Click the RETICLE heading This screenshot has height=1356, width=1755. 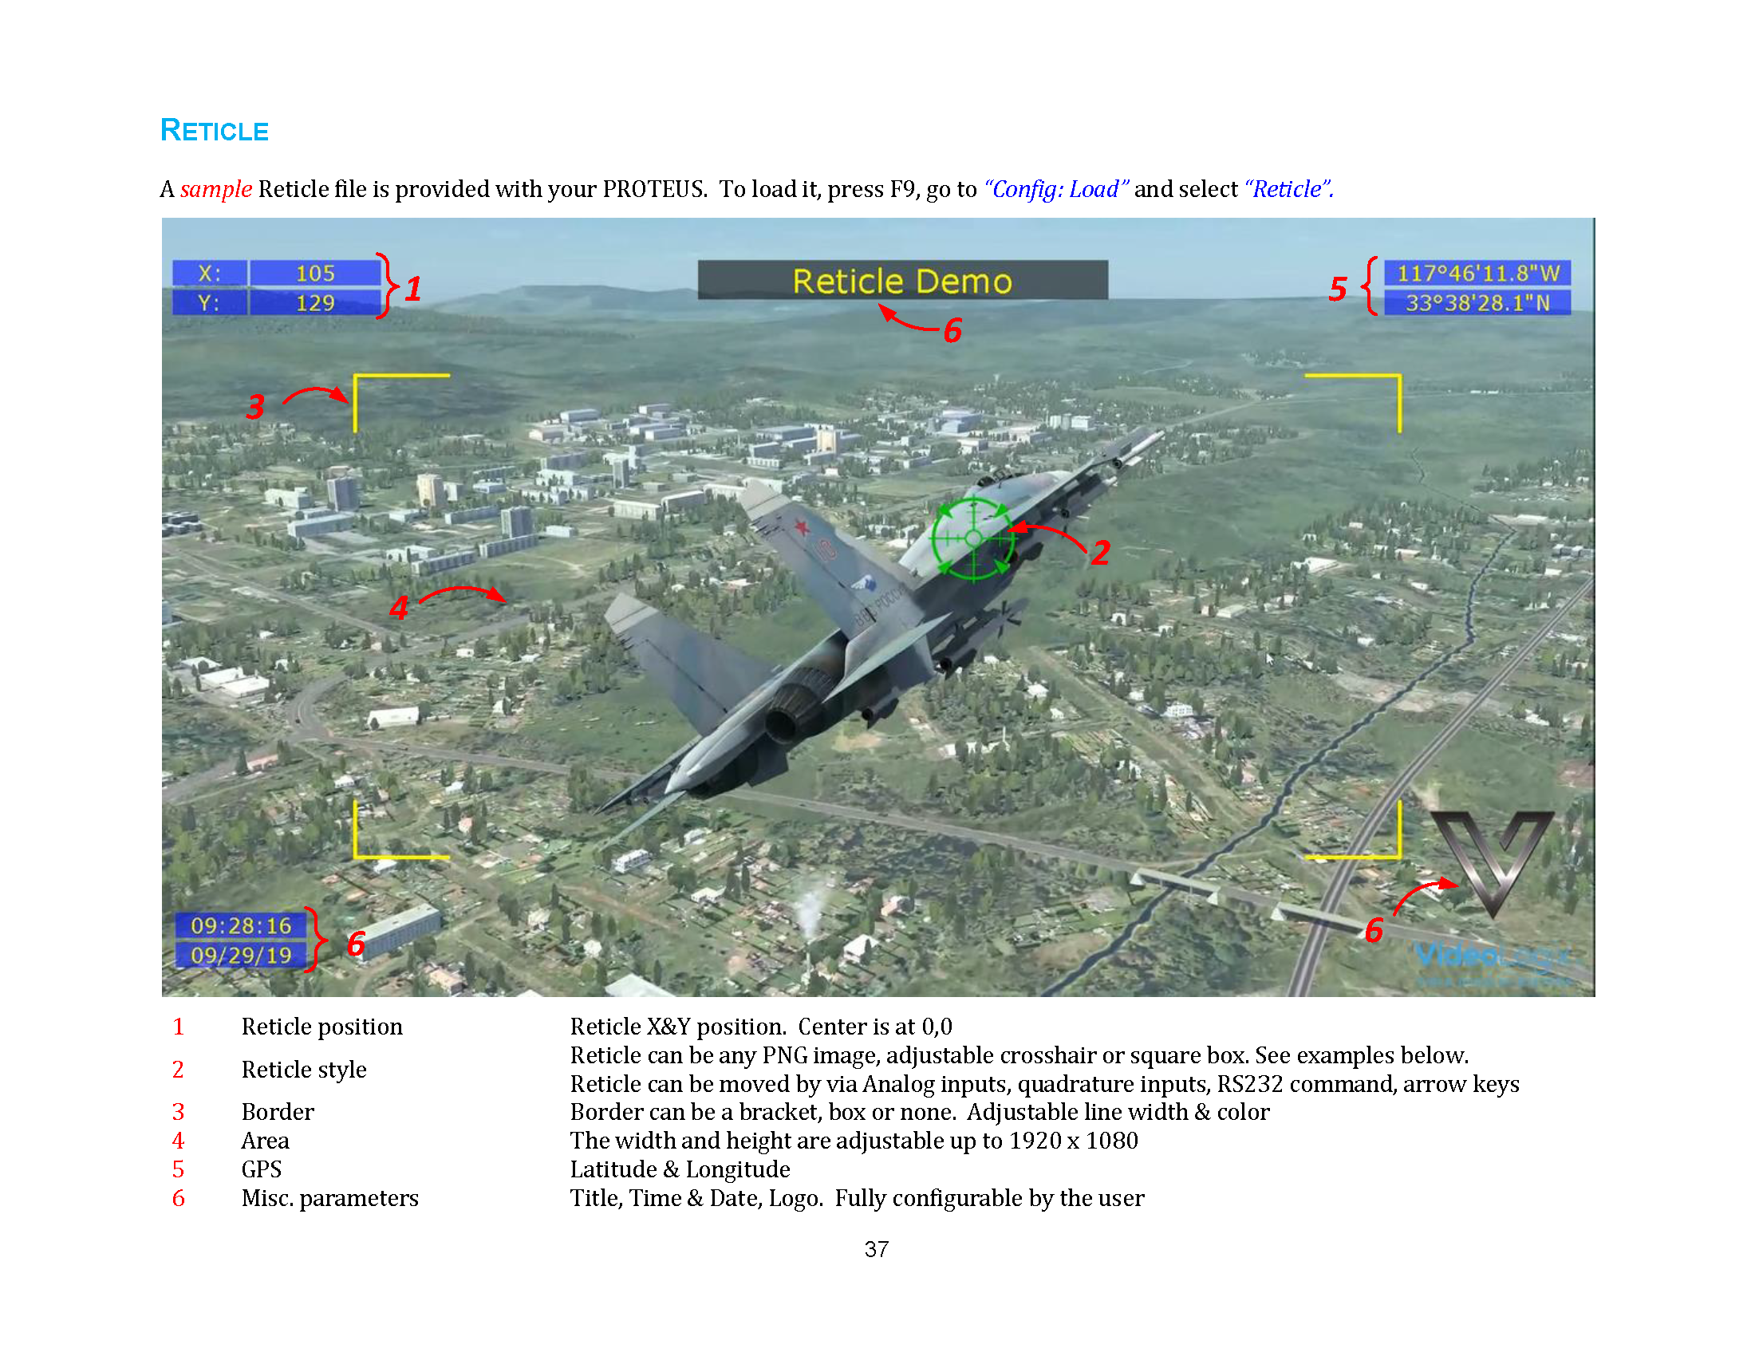tap(214, 130)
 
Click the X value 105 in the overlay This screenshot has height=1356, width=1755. tap(315, 273)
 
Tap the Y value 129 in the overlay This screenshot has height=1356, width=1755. tap(315, 303)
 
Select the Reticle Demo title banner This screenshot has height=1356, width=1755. tap(902, 280)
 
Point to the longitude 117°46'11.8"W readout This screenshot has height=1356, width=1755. tap(1477, 273)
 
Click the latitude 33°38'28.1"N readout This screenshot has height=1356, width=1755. tap(1477, 303)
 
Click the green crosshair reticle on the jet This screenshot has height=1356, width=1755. tap(973, 538)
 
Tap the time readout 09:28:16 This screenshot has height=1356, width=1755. tap(241, 925)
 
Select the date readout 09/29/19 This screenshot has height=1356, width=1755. tap(241, 955)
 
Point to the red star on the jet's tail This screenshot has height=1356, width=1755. tap(801, 527)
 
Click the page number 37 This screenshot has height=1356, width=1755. tap(877, 1249)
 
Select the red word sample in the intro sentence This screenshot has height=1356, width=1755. tap(216, 189)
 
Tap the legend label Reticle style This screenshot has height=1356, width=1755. tap(304, 1069)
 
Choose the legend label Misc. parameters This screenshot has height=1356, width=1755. tap(329, 1198)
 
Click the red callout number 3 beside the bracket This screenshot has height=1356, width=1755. tap(255, 407)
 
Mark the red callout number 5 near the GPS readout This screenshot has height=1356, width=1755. tap(1338, 289)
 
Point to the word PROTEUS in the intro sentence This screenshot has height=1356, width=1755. tap(654, 189)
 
